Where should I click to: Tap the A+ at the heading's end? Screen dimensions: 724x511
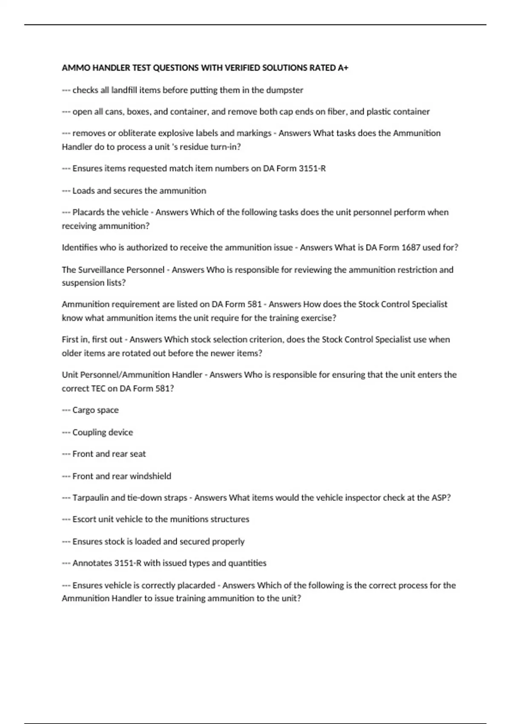point(343,68)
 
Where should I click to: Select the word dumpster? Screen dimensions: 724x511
point(284,90)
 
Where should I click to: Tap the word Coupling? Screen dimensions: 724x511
point(88,432)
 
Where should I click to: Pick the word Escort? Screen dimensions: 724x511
point(84,519)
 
